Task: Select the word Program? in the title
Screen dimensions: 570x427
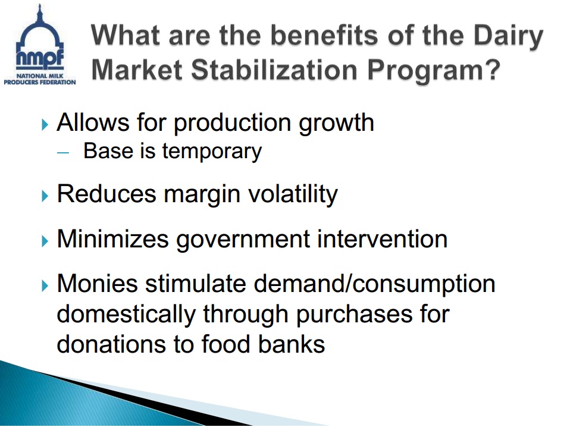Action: [434, 71]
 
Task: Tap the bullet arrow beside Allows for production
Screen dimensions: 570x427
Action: [45, 124]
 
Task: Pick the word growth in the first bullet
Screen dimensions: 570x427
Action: [336, 124]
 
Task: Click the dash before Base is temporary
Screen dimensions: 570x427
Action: [62, 152]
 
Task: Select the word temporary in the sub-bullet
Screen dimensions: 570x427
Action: [212, 152]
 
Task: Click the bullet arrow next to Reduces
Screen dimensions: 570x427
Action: [45, 196]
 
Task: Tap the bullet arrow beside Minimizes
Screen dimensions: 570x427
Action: [45, 241]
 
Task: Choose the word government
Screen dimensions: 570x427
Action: [243, 240]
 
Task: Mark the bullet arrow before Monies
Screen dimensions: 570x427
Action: [45, 285]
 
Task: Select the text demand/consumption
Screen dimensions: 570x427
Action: [374, 284]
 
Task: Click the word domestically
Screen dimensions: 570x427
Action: [126, 315]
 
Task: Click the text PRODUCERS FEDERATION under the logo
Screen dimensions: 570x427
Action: [40, 83]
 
